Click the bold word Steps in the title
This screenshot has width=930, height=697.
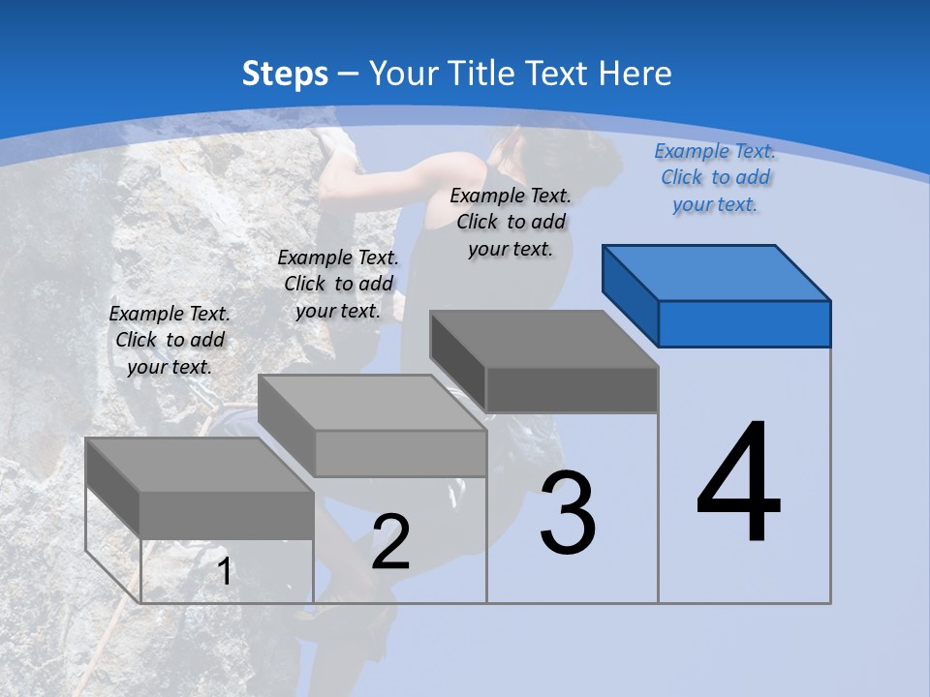click(285, 74)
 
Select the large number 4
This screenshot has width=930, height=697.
click(738, 484)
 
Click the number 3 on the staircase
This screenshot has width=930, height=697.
click(568, 513)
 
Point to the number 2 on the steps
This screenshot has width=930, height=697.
click(390, 542)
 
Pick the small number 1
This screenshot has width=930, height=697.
click(224, 572)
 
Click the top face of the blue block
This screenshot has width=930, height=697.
click(717, 272)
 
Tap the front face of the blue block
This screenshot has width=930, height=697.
click(744, 323)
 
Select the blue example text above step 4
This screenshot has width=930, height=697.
click(715, 177)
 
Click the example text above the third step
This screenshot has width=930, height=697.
click(511, 222)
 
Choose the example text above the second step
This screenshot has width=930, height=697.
click(338, 284)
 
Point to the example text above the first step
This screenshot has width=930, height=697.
click(170, 340)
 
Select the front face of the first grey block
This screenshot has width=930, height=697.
click(227, 515)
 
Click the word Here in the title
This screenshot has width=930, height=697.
click(636, 74)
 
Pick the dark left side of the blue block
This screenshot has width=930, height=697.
click(630, 294)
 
